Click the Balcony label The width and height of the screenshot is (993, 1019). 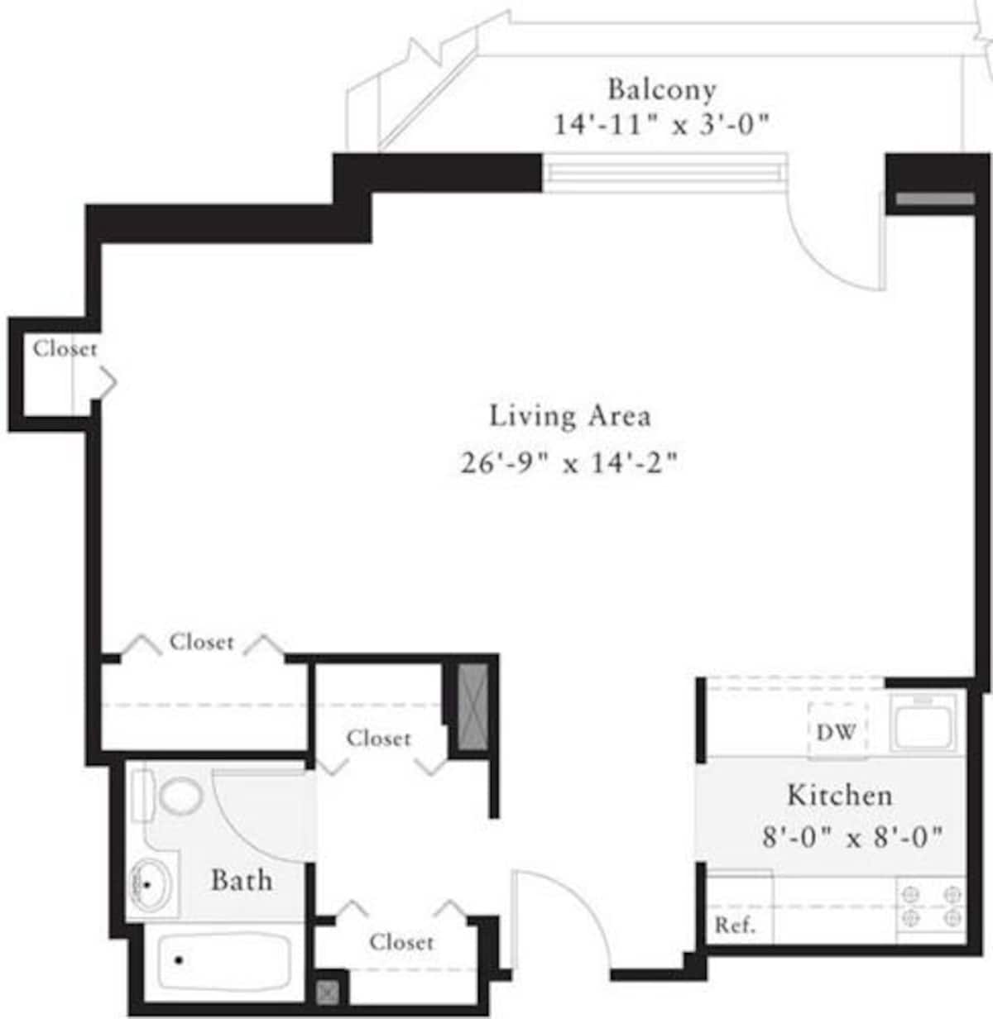coord(661,89)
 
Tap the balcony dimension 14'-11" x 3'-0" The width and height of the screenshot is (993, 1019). coord(661,125)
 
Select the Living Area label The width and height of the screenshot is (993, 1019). coord(569,415)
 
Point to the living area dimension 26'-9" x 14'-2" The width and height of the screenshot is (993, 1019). coord(569,462)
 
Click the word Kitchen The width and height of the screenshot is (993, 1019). coord(839,796)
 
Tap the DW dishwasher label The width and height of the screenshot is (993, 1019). coord(836,732)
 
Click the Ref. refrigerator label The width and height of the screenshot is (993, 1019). coord(735,925)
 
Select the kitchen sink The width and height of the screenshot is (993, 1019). coord(923,721)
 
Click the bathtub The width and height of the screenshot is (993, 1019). coord(222,962)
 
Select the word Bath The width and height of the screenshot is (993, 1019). coord(241,880)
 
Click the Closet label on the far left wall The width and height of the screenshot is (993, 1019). coord(65,349)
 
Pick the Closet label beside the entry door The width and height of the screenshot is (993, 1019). coord(401,942)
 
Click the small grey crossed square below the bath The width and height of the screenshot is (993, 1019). coord(329,992)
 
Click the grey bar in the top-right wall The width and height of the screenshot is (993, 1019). coord(935,199)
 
